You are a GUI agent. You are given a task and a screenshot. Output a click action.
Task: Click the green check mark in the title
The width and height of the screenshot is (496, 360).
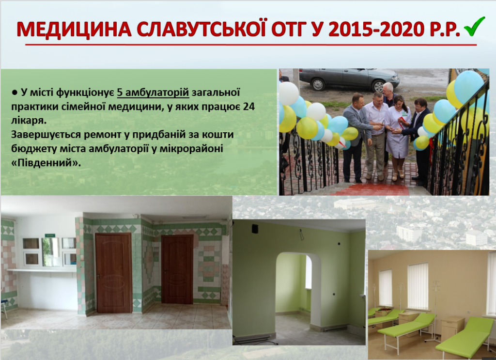pyautogui.click(x=475, y=27)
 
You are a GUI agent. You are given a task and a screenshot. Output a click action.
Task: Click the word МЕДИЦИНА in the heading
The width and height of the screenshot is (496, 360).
pyautogui.click(x=74, y=30)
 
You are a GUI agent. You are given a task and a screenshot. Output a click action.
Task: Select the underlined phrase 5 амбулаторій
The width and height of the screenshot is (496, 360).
pyautogui.click(x=153, y=93)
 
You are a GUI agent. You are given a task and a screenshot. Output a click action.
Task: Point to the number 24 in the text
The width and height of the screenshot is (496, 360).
pyautogui.click(x=249, y=107)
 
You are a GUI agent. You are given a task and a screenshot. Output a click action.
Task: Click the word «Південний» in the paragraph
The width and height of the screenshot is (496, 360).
pyautogui.click(x=46, y=163)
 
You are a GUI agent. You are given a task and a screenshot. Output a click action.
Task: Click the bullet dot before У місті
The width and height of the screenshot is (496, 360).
pyautogui.click(x=15, y=93)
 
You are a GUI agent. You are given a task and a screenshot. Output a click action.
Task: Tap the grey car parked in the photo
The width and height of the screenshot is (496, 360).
pyautogui.click(x=349, y=78)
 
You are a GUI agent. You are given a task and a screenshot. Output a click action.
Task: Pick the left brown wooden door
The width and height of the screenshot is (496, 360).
pyautogui.click(x=113, y=272)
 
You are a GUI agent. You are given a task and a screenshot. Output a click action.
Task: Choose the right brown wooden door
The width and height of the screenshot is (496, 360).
pyautogui.click(x=177, y=269)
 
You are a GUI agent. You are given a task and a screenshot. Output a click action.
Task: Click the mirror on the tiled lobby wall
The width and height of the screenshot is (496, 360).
pyautogui.click(x=50, y=252)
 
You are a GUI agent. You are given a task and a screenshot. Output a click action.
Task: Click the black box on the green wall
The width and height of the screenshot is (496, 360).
pyautogui.click(x=255, y=229)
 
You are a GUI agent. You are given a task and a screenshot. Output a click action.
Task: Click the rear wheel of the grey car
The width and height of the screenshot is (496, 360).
pyautogui.click(x=318, y=84)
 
